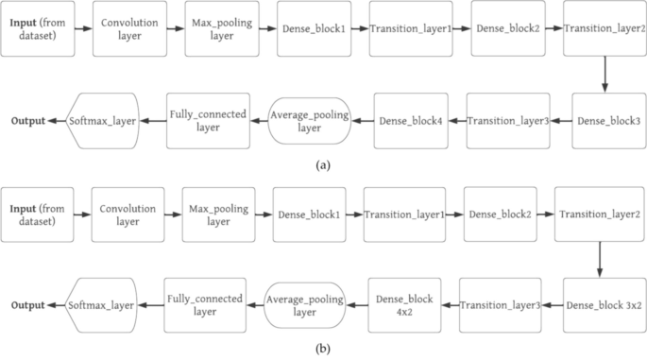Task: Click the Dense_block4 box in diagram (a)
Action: [410, 120]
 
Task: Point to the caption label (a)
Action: [323, 165]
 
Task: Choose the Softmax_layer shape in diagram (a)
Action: [104, 120]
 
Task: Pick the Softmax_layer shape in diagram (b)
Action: [102, 305]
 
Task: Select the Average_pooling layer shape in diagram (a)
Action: [309, 120]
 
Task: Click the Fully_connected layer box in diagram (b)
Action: [205, 305]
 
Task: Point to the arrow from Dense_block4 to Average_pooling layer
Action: [361, 121]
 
